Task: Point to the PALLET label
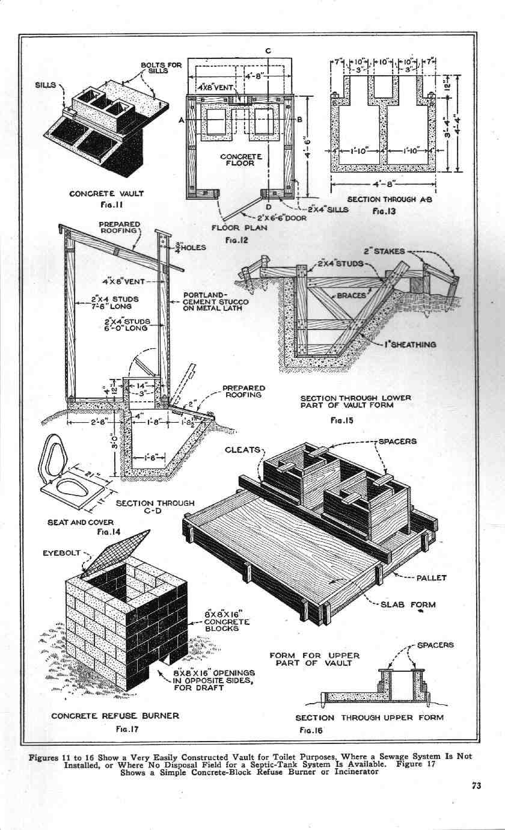(x=431, y=578)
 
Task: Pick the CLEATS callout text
(x=242, y=450)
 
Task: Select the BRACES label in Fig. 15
(x=352, y=296)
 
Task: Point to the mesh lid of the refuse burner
(x=116, y=552)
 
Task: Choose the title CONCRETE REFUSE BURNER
(x=115, y=716)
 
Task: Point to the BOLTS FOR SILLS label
(x=158, y=67)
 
